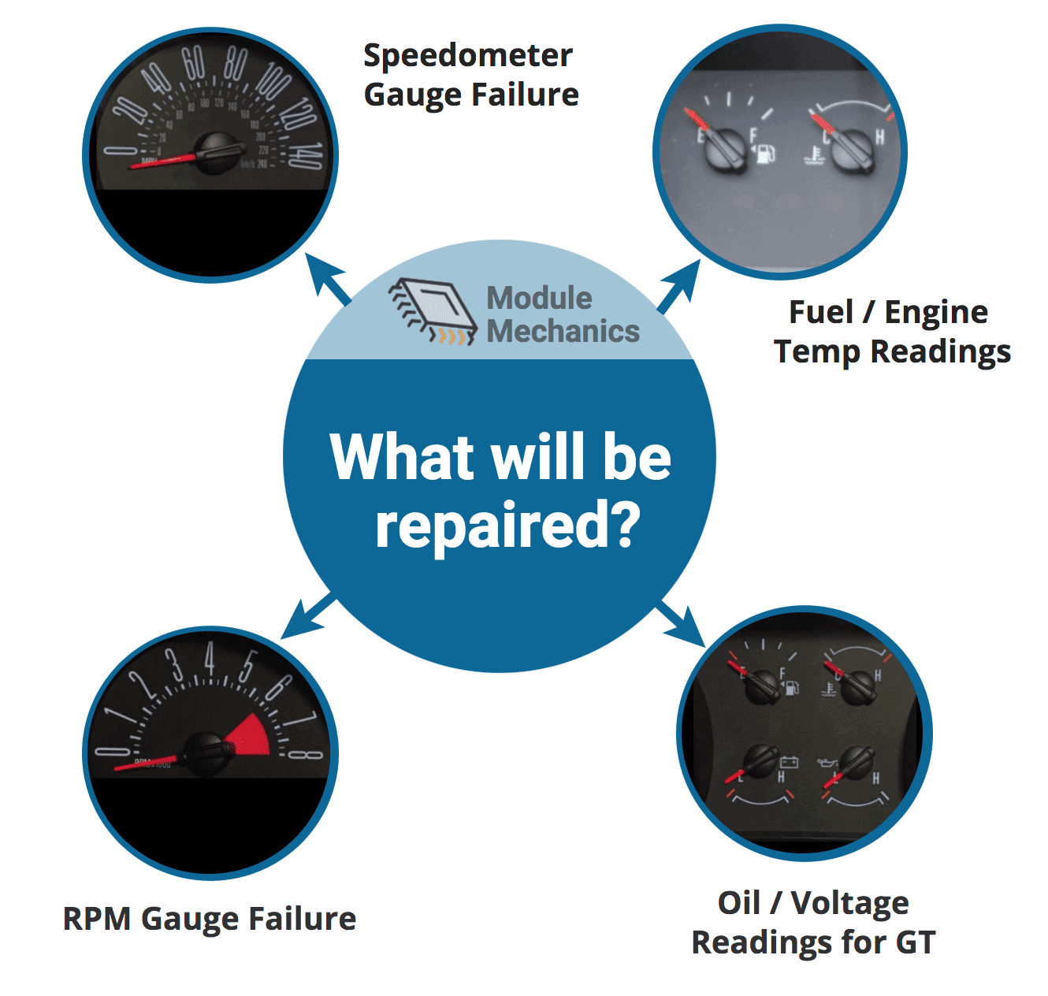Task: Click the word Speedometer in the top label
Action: click(467, 56)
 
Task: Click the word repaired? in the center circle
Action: click(507, 526)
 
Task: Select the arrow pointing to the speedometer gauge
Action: click(329, 280)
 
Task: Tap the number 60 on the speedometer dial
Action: click(193, 63)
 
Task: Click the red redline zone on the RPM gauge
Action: click(251, 738)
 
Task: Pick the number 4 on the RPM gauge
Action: click(209, 657)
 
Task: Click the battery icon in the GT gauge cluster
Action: click(789, 763)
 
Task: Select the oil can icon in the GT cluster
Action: click(827, 764)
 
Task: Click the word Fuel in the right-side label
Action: click(820, 312)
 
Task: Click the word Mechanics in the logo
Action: click(563, 331)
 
